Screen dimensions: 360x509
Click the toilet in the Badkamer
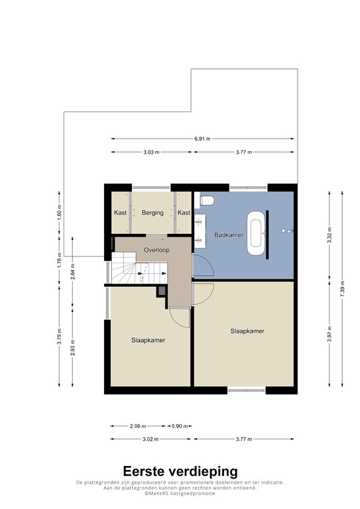(x=206, y=200)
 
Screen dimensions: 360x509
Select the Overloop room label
(x=156, y=250)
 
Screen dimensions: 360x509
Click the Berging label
(x=152, y=213)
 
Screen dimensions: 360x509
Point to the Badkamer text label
(x=229, y=235)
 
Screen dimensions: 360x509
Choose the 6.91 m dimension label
(x=203, y=139)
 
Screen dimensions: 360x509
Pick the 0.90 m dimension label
(x=180, y=426)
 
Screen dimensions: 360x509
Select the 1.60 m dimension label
(x=59, y=213)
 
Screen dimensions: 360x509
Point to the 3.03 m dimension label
(x=151, y=152)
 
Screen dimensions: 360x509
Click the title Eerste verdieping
(x=180, y=471)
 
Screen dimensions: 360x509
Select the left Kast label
(x=120, y=213)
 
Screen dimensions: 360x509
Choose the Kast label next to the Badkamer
(x=184, y=213)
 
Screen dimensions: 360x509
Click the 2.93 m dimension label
(x=72, y=348)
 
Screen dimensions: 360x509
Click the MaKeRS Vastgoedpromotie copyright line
(x=180, y=493)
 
